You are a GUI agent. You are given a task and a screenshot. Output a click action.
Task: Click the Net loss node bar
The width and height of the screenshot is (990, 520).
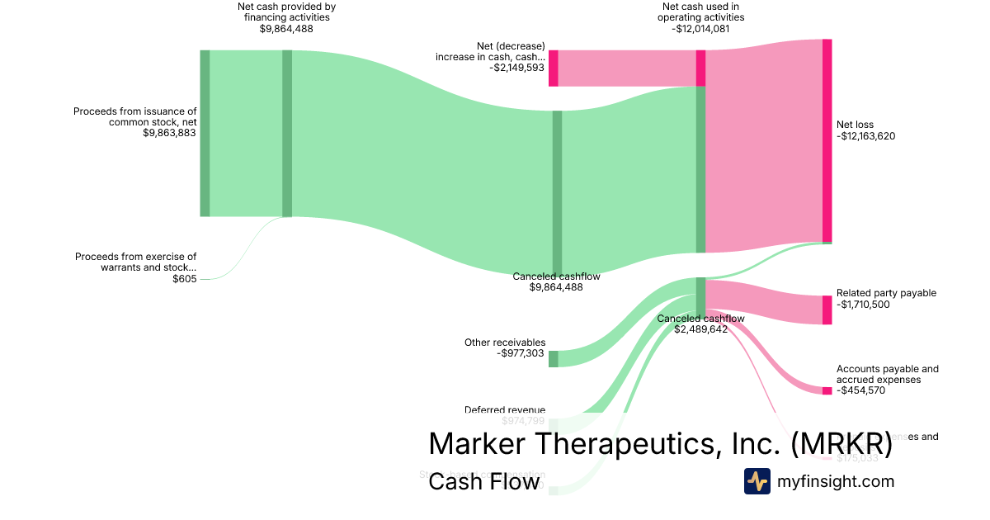coord(827,140)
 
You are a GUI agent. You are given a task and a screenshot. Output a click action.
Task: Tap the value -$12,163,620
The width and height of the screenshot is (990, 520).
coord(865,137)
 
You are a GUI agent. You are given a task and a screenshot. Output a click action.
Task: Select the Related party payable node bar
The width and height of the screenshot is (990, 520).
coord(827,310)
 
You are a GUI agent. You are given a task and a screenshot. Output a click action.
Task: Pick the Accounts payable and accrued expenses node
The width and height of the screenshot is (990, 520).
coord(827,390)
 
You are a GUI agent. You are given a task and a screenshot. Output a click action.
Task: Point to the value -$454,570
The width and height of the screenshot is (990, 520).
coord(860,391)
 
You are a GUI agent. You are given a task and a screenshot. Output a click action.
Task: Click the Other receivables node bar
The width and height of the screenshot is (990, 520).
coord(554,358)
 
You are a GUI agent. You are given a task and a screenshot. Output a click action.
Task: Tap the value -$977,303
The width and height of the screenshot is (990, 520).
coord(521,354)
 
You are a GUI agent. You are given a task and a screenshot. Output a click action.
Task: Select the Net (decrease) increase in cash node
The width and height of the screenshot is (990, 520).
coord(554,68)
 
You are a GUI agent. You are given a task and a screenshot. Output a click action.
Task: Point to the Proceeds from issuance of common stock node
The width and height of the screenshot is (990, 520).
coord(205,133)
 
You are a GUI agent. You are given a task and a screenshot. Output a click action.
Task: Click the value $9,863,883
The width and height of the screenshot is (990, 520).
coord(169,133)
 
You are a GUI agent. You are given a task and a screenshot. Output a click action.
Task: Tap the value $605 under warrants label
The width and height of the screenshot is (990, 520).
coord(185,279)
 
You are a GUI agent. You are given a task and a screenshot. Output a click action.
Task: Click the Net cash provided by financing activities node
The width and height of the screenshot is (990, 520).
coord(287,133)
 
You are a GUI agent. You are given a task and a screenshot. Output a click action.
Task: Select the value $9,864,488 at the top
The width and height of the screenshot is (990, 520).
coord(286,29)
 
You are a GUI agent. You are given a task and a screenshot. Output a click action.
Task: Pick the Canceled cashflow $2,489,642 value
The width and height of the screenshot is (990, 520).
coord(700,329)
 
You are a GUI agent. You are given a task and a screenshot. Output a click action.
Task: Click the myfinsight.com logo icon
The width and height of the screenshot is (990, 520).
coord(757,481)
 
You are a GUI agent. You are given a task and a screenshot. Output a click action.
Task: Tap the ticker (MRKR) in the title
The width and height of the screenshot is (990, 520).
coord(841,444)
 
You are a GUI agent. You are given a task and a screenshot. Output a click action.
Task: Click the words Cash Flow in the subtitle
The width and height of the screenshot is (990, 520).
coord(483,481)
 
